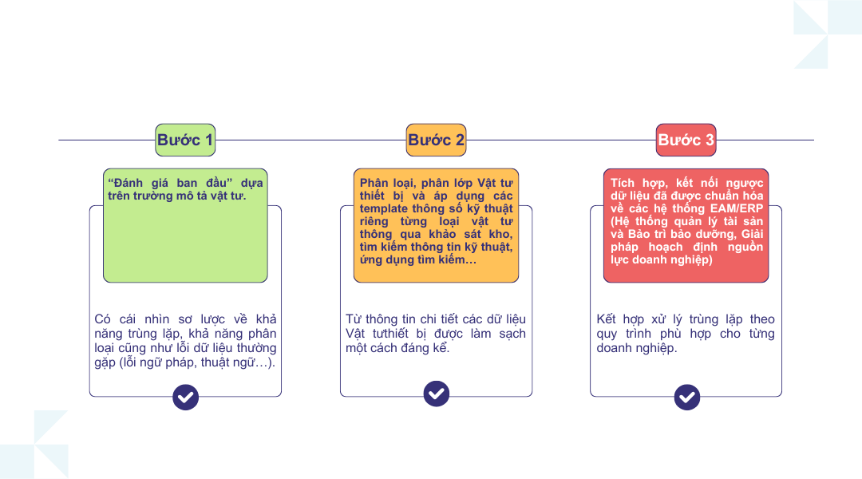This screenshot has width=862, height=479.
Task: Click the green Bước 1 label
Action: coord(185,140)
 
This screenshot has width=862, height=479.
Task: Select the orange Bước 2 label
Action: coord(436,140)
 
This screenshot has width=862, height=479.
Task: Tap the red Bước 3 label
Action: coord(686,140)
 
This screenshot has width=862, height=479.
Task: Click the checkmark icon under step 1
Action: coord(185,397)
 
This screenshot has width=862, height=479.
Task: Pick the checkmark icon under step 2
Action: coord(437,394)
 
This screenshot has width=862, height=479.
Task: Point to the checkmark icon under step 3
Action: coord(687,397)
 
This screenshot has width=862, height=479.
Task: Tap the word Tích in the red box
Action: coord(623,183)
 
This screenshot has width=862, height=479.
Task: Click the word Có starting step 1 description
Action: coord(102,319)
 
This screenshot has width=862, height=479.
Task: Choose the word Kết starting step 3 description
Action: coord(606,319)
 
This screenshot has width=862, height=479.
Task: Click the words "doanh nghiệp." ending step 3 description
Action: coord(637,348)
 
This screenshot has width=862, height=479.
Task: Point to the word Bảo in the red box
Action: coord(639,234)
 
